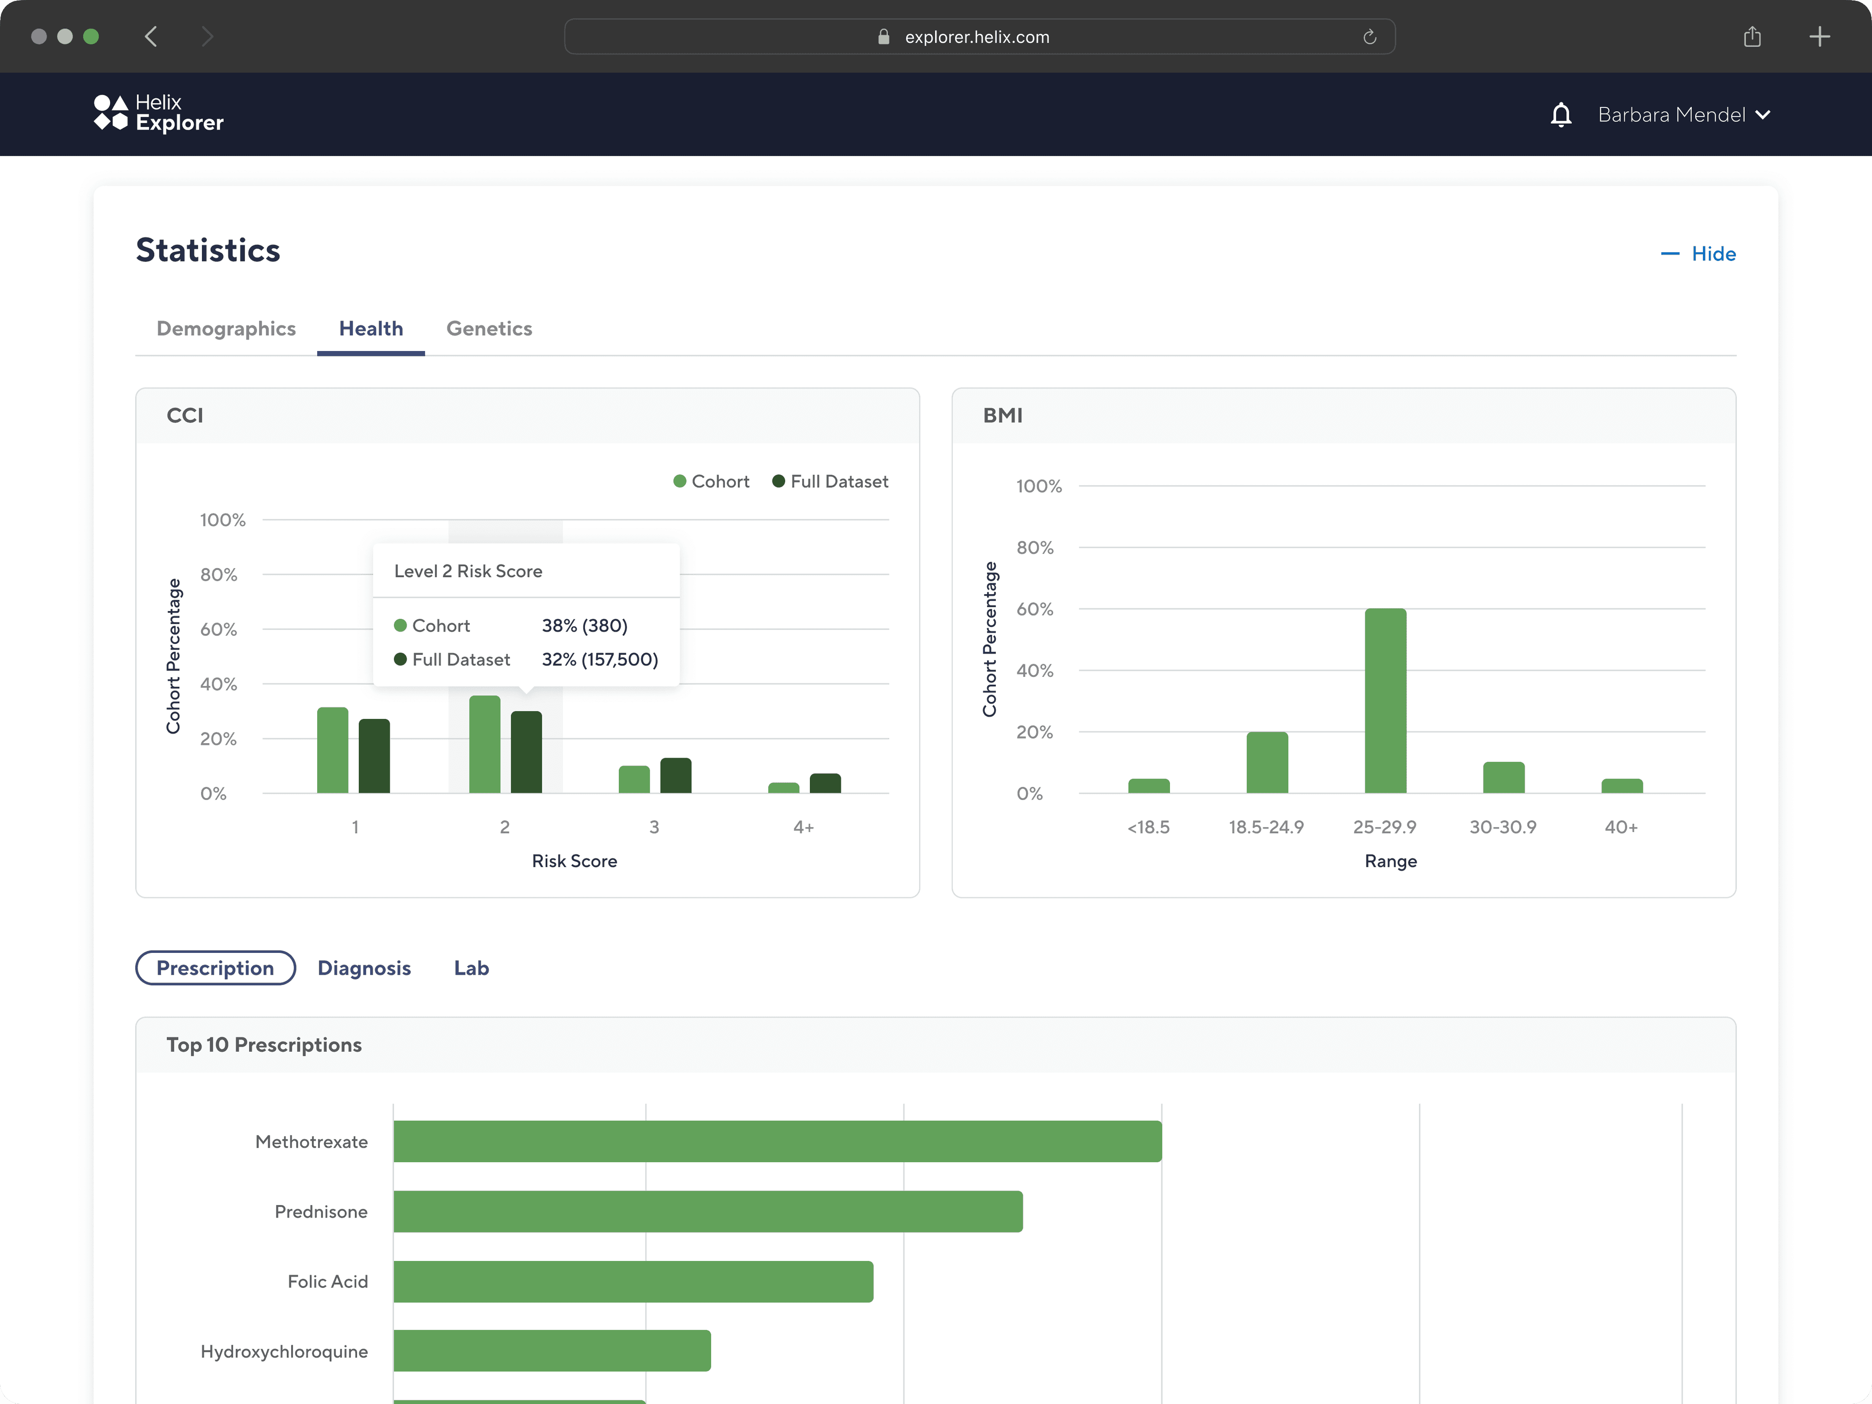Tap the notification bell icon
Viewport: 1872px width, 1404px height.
(1561, 114)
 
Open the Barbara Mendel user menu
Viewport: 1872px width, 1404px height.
(1684, 114)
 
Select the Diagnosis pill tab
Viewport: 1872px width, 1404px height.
(364, 968)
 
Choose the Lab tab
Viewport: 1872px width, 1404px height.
(471, 968)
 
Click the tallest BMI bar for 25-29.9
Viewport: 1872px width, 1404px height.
(1385, 701)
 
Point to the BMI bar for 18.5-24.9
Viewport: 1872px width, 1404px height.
(1267, 762)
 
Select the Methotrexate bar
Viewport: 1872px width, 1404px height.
(778, 1142)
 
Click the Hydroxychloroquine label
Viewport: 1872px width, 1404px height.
(284, 1351)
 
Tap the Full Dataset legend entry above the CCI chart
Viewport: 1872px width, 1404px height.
(830, 482)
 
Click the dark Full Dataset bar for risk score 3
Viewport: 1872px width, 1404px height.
(675, 775)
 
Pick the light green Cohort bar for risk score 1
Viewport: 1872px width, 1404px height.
(333, 750)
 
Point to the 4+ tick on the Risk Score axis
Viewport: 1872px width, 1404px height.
(803, 827)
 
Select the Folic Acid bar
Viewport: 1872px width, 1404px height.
(633, 1282)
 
